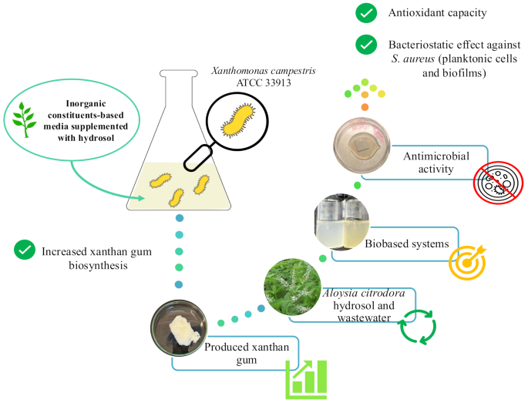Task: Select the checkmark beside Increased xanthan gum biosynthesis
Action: tap(25, 250)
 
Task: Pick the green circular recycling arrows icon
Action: tap(418, 324)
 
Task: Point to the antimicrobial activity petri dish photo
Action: tap(362, 146)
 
